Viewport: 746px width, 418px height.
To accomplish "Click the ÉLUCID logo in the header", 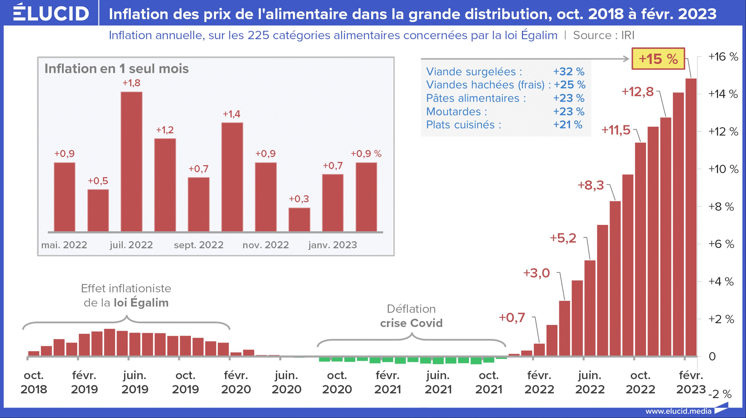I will click(51, 13).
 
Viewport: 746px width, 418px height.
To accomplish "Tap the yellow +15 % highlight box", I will click(658, 59).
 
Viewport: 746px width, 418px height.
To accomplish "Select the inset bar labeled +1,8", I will click(131, 162).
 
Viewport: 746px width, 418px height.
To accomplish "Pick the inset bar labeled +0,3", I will click(299, 220).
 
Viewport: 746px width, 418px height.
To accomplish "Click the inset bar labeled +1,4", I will click(232, 177).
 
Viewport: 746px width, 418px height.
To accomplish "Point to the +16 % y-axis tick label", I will click(723, 57).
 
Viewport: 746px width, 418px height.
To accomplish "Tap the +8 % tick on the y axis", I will click(721, 206).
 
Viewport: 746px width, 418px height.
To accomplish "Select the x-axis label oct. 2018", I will click(34, 382).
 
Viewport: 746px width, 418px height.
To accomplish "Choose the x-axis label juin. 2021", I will click(438, 382).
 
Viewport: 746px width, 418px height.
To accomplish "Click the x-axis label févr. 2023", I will click(691, 382).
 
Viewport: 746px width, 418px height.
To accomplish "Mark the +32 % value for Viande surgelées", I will click(568, 71).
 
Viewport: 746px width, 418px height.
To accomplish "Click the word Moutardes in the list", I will click(454, 111).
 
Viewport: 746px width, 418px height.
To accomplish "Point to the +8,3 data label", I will click(591, 185).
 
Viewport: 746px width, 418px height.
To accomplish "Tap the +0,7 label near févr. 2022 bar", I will click(512, 318).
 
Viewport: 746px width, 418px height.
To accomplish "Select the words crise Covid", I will click(411, 323).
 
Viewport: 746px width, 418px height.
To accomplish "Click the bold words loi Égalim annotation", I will click(141, 303).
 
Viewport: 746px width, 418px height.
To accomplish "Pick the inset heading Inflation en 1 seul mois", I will click(116, 69).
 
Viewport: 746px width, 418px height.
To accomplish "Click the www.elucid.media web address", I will click(678, 411).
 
